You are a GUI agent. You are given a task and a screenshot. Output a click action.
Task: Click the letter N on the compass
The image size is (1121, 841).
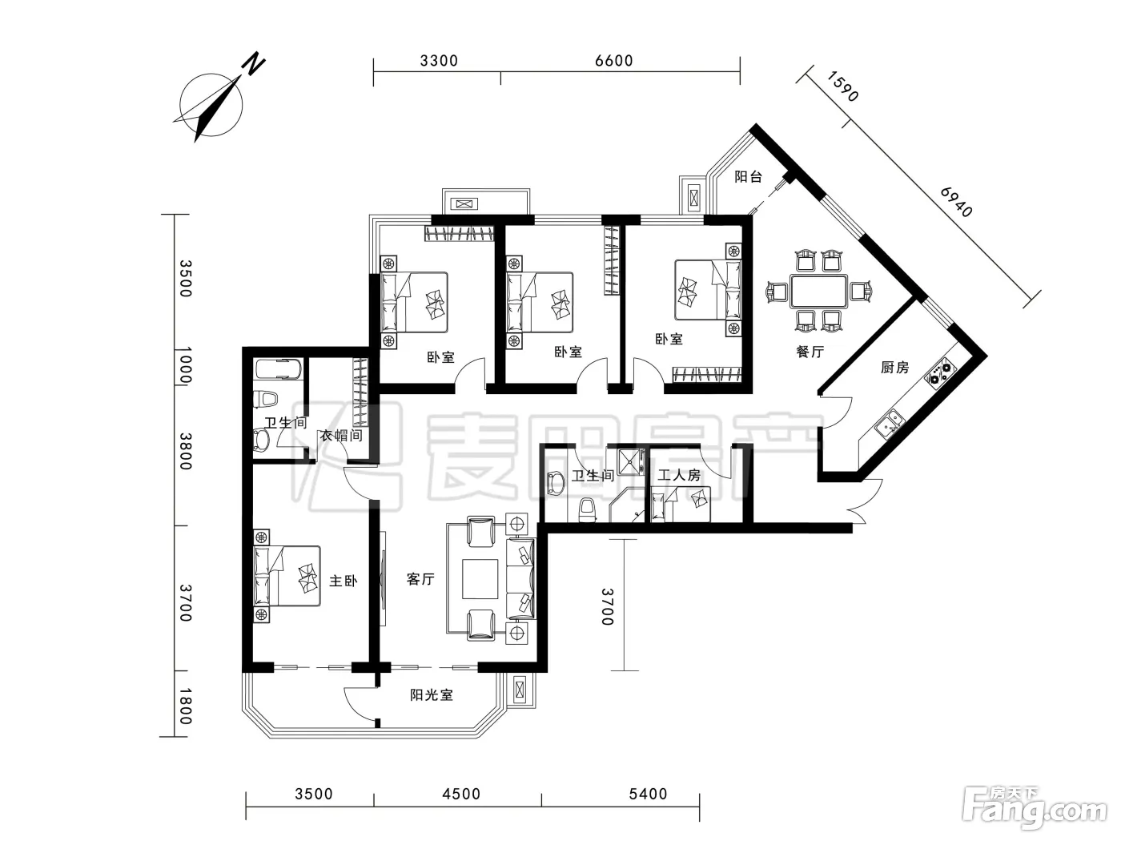(x=253, y=64)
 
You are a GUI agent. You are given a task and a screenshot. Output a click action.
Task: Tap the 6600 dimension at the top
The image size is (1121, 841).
(x=614, y=61)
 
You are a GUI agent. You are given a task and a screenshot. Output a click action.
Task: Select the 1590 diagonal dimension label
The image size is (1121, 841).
(x=842, y=87)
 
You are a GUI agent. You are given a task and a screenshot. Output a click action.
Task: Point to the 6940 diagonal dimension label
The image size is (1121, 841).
(x=956, y=202)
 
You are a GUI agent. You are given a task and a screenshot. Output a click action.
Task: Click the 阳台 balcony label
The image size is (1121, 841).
(x=748, y=177)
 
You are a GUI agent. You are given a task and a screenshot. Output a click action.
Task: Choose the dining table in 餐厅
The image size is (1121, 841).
(x=818, y=291)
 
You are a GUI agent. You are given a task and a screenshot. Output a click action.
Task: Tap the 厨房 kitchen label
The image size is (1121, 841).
(x=894, y=367)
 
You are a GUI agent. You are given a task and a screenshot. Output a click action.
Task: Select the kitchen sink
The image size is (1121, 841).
(x=889, y=424)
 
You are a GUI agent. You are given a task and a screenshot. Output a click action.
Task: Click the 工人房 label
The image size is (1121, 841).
(x=679, y=475)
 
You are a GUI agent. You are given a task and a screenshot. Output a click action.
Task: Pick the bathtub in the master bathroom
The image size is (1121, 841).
(x=279, y=369)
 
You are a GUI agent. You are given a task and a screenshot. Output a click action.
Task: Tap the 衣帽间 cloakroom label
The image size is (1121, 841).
(x=341, y=436)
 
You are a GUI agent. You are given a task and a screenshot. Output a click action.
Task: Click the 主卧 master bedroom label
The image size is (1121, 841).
(x=344, y=581)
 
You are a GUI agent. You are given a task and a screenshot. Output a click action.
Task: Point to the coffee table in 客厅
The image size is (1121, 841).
(x=480, y=579)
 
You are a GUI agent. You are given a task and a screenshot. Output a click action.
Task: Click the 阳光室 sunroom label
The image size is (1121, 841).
(x=432, y=695)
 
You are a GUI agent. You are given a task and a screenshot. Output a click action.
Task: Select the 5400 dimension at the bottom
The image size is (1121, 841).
(x=648, y=794)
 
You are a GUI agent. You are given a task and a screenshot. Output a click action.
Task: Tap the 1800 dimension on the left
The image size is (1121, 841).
(x=186, y=706)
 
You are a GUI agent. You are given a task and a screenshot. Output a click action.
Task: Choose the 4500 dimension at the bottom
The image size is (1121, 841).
(x=461, y=794)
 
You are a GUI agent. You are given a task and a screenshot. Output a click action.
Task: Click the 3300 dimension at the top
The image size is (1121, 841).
(x=440, y=61)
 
